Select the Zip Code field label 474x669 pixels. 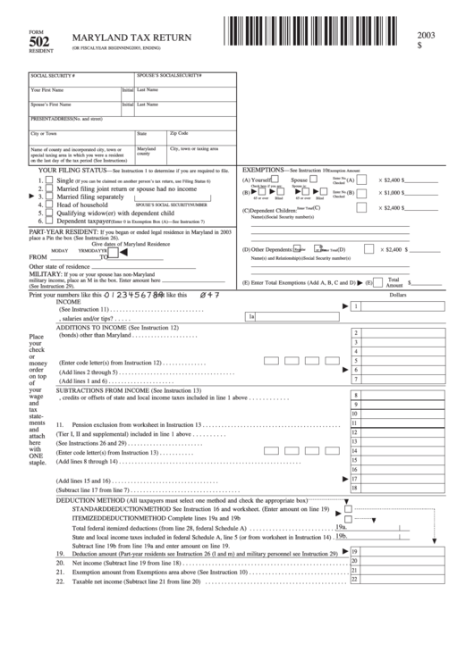179,132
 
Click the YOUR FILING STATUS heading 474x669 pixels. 72,168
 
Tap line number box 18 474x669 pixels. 356,488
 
